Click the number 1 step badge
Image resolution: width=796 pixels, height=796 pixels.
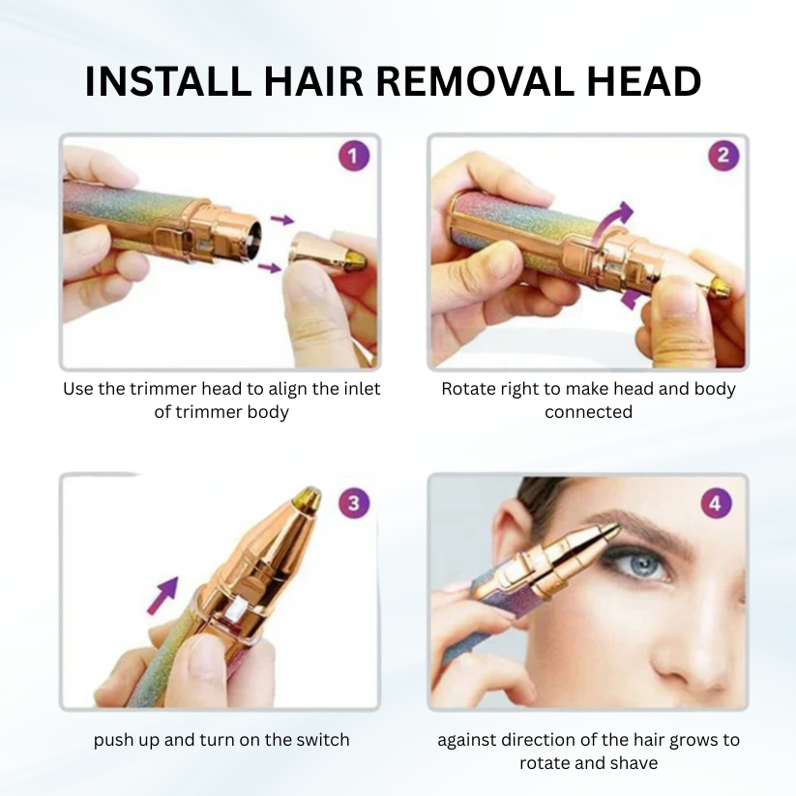354,157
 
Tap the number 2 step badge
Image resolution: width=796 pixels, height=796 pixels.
722,156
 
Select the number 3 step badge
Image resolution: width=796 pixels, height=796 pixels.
354,503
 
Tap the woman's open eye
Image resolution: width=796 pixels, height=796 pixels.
637,564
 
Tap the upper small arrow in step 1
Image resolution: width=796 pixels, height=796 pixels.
280,221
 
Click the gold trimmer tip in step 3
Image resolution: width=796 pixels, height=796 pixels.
307,498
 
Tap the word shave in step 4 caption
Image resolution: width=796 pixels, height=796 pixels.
634,763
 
